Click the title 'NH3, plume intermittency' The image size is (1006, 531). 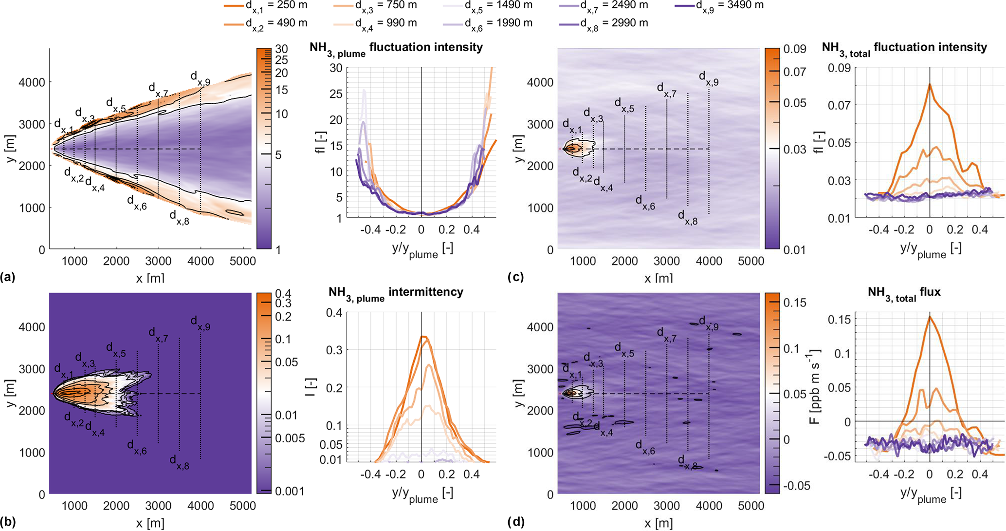(396, 293)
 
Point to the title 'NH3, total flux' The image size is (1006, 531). (904, 293)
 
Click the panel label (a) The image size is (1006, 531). (8, 277)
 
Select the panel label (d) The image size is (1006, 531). (516, 522)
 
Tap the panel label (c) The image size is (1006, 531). (516, 277)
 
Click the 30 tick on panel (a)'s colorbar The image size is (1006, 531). (282, 49)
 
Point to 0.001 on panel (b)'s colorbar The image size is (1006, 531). (290, 491)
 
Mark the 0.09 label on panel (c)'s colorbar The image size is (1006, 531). (794, 49)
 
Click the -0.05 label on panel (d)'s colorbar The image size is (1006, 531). (797, 486)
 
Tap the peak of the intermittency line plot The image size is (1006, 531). (423, 337)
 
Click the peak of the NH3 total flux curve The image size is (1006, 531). (930, 317)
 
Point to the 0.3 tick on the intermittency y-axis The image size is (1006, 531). (334, 350)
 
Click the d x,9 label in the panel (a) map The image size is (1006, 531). (200, 78)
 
